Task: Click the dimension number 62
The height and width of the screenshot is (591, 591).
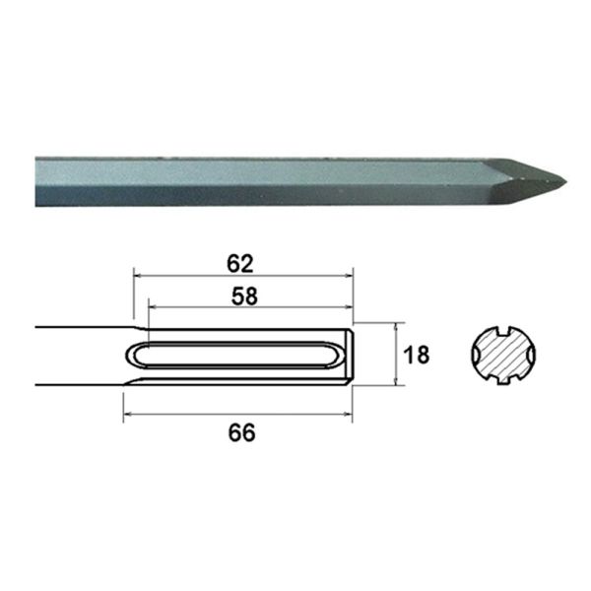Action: point(240,263)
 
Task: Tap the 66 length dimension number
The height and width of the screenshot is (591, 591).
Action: point(240,432)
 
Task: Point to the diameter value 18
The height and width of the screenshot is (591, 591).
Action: point(417,355)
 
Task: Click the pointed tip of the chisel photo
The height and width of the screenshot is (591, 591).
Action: point(564,183)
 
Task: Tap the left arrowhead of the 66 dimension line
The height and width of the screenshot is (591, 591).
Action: point(127,417)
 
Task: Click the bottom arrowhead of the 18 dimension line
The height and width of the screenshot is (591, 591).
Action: point(396,382)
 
